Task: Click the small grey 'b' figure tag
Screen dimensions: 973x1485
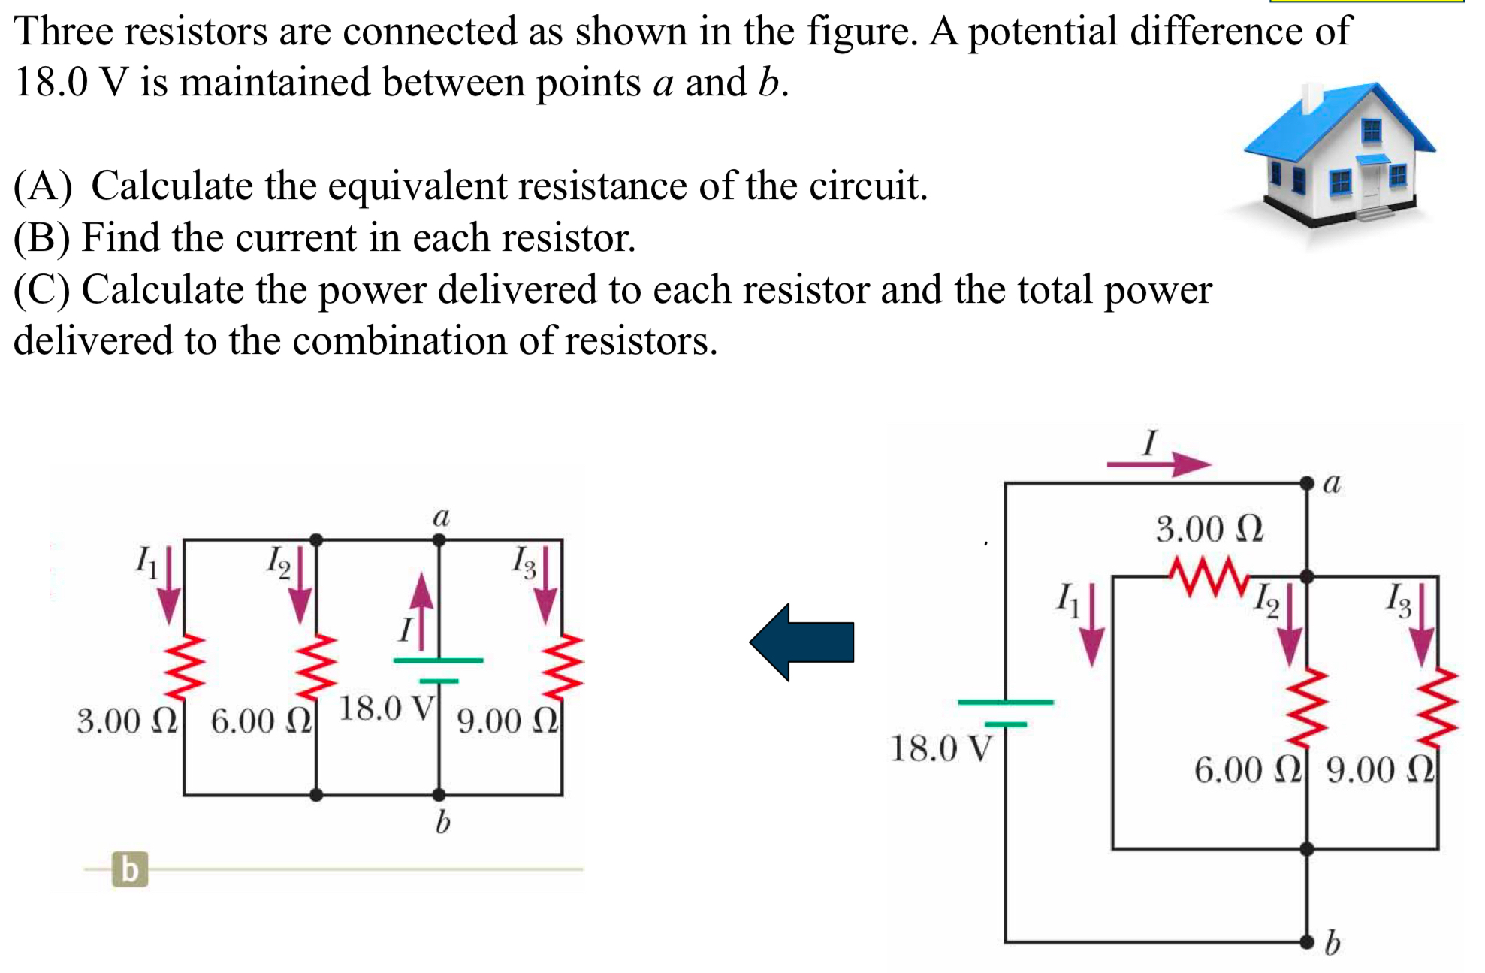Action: pos(130,869)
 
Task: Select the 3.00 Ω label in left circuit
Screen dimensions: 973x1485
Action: pos(127,721)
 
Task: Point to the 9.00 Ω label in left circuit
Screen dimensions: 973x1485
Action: pos(508,721)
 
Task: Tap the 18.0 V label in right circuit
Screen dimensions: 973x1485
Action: pos(940,748)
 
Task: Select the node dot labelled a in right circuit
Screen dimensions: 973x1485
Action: pos(1307,483)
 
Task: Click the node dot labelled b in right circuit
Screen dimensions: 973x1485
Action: pos(1307,941)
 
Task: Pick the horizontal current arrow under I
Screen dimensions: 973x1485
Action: pos(1158,464)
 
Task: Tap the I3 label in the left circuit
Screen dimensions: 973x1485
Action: pos(524,562)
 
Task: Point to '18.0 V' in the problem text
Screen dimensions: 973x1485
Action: pos(71,82)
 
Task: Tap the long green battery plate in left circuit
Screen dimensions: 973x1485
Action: pos(439,660)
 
